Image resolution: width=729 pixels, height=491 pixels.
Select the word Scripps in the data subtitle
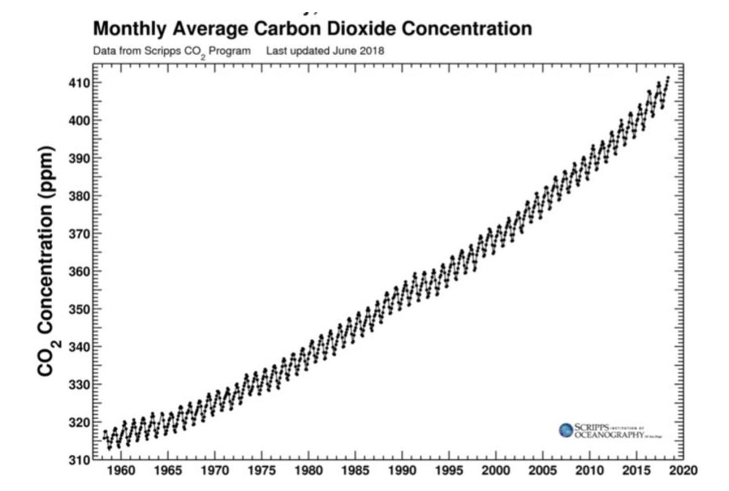(147, 51)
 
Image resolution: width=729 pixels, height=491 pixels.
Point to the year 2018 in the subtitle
(373, 51)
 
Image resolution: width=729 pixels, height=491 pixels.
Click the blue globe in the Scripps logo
(566, 430)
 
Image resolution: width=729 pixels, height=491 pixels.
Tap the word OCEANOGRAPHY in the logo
(607, 435)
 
